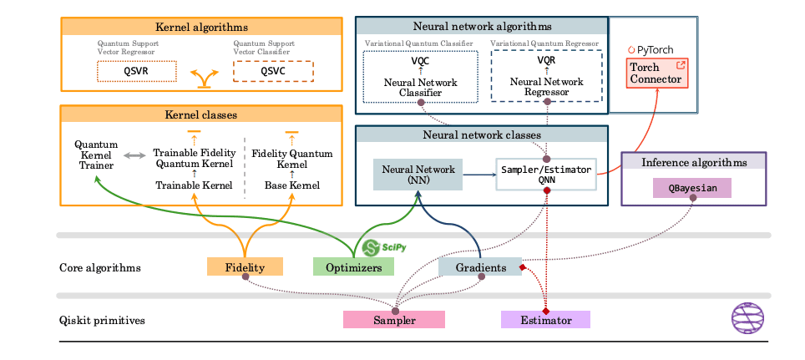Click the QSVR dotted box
click(137, 72)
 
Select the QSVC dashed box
click(273, 72)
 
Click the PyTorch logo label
click(650, 49)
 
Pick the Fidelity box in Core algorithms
click(245, 267)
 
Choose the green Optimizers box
click(352, 267)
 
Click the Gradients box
click(479, 267)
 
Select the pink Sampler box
click(394, 320)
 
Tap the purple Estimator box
click(545, 320)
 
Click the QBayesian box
click(691, 188)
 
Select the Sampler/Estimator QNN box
click(546, 175)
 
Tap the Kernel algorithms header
click(200, 28)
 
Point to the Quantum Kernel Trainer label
click(96, 155)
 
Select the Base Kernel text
click(291, 185)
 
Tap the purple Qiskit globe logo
click(747, 317)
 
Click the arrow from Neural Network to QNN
click(478, 175)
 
